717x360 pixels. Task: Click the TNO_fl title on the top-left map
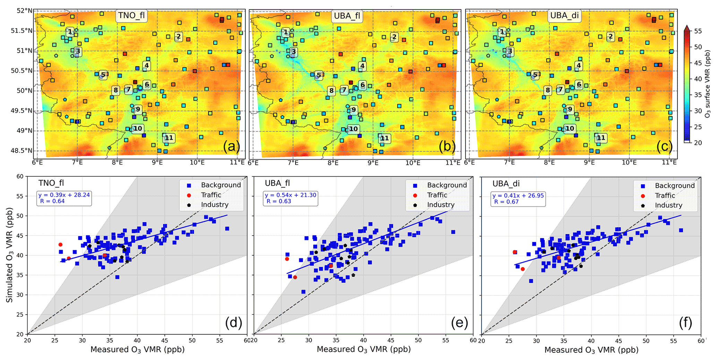[x=131, y=16]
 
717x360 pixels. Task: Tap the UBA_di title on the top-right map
[x=564, y=16]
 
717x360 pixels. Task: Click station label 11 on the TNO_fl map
[x=169, y=138]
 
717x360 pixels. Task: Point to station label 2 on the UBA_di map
[x=610, y=36]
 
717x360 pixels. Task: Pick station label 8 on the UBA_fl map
[x=331, y=91]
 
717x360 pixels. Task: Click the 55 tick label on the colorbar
[x=698, y=31]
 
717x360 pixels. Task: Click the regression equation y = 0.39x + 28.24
[x=64, y=195]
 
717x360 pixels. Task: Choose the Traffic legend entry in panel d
[x=211, y=195]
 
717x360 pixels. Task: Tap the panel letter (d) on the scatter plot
[x=233, y=323]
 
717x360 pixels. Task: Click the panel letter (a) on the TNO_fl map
[x=231, y=146]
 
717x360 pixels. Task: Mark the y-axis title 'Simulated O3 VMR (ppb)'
[x=9, y=255]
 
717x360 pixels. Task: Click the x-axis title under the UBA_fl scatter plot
[x=364, y=349]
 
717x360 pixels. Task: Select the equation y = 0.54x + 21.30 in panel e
[x=290, y=195]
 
